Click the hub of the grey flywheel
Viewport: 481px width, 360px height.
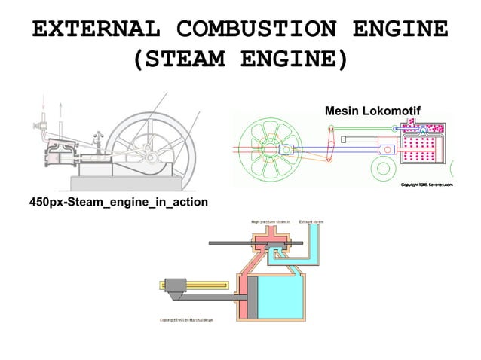tap(152, 157)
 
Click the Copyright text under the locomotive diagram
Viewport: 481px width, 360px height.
tap(426, 184)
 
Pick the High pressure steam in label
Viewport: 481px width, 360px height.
tap(271, 221)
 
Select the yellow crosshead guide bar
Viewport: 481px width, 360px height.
tap(174, 285)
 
